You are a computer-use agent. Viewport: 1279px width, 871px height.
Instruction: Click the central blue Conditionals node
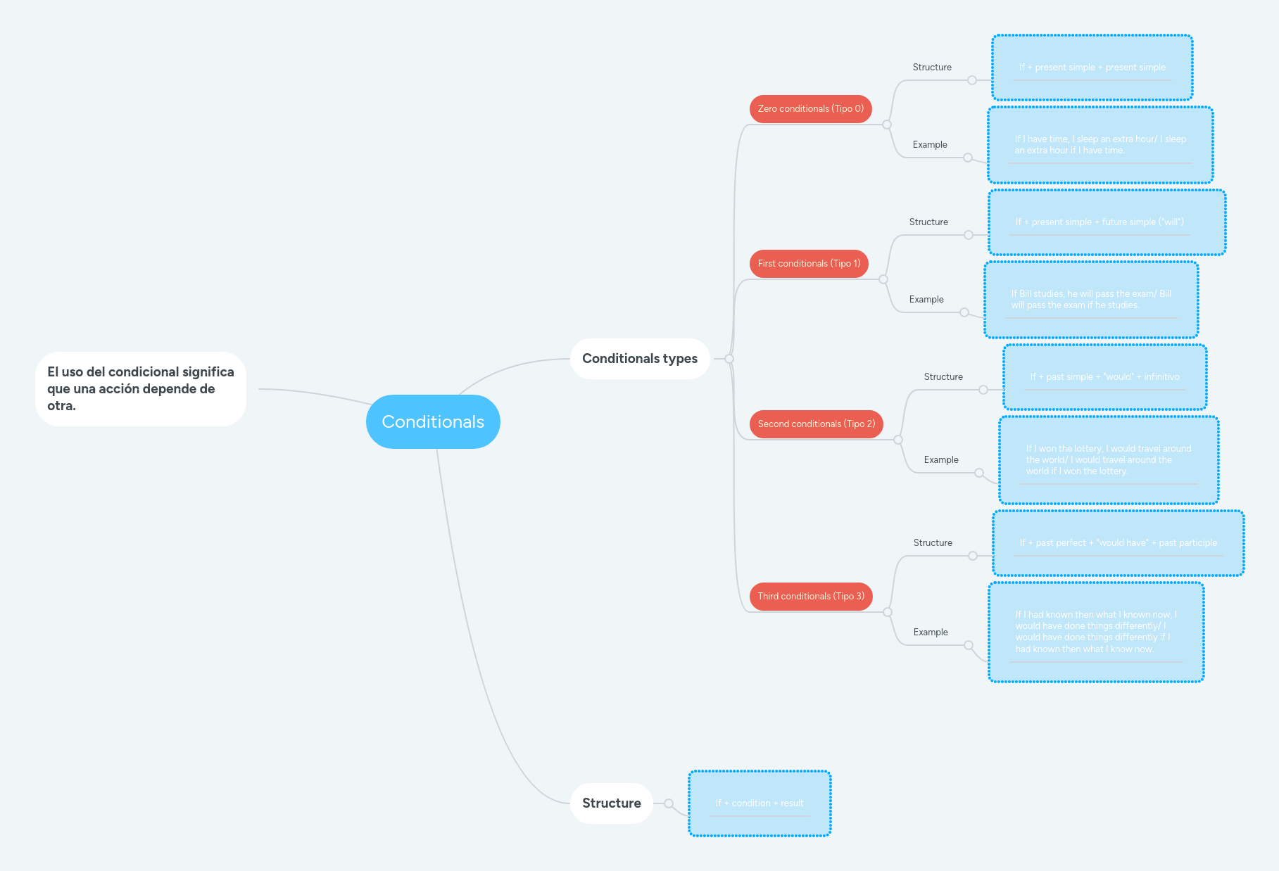coord(433,421)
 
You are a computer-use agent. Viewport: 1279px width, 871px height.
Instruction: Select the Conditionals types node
coord(639,359)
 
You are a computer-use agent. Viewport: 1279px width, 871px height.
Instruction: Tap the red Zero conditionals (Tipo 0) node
coord(810,109)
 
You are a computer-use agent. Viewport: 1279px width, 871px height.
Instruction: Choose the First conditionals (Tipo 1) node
coord(809,264)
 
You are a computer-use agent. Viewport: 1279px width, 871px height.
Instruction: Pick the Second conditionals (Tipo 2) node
coord(816,424)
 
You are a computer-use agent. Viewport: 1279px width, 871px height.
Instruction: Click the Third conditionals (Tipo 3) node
coord(810,597)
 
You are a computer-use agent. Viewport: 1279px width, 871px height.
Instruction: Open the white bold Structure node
coord(611,803)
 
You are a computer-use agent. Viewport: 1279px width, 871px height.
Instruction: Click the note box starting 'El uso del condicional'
coord(141,389)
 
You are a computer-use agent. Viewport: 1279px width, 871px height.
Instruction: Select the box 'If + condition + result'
coord(760,803)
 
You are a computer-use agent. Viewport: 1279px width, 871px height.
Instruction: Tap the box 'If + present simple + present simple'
coord(1092,68)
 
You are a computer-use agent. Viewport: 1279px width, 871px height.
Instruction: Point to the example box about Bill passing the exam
coord(1091,300)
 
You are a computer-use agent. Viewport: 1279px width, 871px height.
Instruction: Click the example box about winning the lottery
coord(1109,460)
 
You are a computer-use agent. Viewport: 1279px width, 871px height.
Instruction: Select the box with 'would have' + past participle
coord(1118,543)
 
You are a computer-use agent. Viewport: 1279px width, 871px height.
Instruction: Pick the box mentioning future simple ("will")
coord(1107,222)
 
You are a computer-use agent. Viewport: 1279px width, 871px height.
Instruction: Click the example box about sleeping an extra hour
coord(1100,145)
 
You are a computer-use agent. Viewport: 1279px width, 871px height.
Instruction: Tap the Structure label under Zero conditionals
coord(932,68)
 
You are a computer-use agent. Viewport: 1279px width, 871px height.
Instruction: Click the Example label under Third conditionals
coord(931,632)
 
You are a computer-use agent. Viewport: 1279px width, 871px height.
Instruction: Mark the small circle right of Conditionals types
coord(729,359)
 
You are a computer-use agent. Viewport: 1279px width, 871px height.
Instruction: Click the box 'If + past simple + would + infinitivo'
coord(1104,377)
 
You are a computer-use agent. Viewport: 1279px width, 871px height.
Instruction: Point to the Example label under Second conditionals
coord(941,460)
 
